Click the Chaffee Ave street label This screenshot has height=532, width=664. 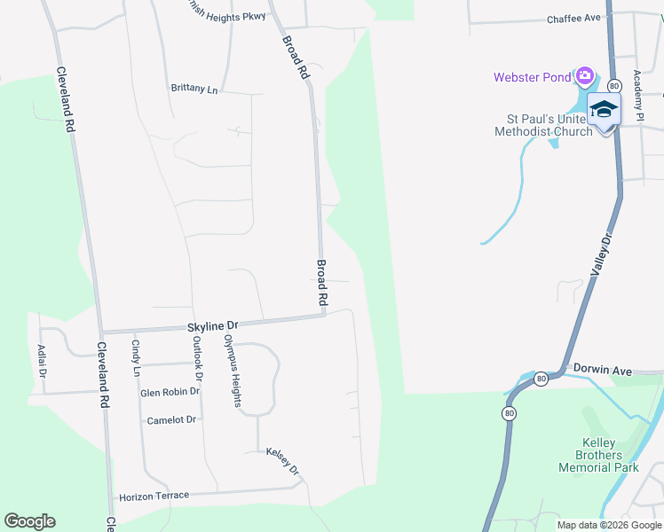click(x=574, y=19)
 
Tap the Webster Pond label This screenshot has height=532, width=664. click(x=533, y=77)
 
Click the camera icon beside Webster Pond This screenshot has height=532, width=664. click(x=584, y=75)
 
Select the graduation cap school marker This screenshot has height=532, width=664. click(x=604, y=109)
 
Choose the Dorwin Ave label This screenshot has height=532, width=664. click(x=602, y=370)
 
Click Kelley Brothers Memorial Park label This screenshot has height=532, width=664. click(x=598, y=455)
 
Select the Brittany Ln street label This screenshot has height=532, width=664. click(x=194, y=89)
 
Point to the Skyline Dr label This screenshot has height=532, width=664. click(x=213, y=327)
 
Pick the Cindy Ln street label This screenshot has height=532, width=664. click(x=136, y=357)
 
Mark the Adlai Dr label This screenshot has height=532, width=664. click(x=42, y=362)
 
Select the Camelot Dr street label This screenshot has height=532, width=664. click(x=171, y=419)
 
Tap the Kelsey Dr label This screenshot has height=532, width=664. click(x=283, y=461)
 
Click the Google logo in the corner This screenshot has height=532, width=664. click(x=29, y=521)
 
